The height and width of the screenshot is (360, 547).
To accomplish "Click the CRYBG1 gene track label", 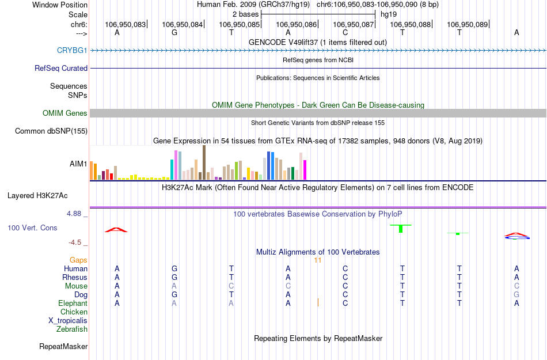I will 72,51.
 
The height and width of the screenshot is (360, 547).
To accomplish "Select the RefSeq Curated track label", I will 61,68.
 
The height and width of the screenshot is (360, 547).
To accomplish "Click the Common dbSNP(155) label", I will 51,131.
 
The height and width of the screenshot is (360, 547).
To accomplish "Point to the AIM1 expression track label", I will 78,164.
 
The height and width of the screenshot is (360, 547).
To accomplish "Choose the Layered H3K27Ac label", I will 47,195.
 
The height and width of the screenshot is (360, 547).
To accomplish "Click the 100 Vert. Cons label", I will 32,228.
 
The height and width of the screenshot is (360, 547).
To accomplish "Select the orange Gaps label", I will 78,260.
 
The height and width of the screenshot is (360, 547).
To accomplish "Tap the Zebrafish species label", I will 72,329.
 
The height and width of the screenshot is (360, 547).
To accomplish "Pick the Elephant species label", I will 73,304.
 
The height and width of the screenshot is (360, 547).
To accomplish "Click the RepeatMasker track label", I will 63,347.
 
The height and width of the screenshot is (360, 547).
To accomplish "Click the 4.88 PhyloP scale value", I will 77,214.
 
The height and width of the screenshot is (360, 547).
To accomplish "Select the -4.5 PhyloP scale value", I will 78,242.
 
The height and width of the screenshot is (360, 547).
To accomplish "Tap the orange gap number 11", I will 317,260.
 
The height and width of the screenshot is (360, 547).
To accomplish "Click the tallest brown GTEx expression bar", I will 204,162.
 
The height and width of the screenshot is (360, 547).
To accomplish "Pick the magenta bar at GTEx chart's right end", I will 305,169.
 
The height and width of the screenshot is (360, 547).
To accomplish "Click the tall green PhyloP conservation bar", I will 401,229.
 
